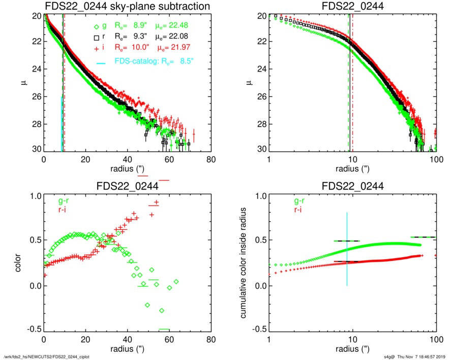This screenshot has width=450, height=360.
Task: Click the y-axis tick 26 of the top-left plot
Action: click(37, 97)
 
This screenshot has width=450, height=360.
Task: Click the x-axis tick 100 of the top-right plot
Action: click(435, 159)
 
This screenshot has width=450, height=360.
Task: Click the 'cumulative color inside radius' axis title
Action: click(245, 263)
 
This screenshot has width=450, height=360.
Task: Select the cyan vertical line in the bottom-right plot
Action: click(347, 249)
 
